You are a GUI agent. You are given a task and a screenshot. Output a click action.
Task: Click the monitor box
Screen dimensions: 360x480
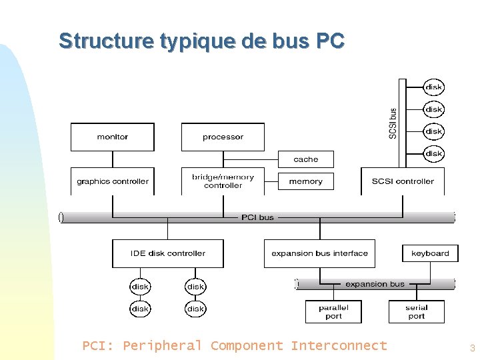[112, 137]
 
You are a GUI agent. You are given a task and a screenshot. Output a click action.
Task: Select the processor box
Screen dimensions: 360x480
[223, 137]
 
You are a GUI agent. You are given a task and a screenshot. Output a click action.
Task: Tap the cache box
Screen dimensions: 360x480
[305, 159]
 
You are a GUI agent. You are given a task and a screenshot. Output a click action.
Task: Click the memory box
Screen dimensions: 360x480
[305, 181]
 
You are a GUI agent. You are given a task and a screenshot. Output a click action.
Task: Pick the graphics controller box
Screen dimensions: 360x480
[112, 181]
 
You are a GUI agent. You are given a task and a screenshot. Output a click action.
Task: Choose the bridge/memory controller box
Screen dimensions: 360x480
[223, 181]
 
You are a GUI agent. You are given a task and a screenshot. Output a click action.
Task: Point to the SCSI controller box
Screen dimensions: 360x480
[403, 181]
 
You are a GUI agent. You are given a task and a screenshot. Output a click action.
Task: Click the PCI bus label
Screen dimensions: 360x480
[257, 217]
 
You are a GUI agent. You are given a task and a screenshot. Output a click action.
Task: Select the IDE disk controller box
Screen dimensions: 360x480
[167, 253]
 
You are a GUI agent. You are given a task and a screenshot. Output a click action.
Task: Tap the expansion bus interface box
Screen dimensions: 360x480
[319, 253]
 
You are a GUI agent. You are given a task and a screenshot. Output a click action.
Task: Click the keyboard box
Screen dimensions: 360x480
[430, 253]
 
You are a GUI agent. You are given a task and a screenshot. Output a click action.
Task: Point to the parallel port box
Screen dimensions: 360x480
[333, 312]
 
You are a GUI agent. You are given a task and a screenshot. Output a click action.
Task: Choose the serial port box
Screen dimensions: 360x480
[416, 312]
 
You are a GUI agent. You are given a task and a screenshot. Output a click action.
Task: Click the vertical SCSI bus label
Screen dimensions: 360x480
[393, 123]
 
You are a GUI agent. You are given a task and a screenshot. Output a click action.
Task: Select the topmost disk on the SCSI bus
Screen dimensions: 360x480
[434, 87]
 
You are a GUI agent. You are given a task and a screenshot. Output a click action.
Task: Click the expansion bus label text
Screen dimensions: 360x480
[375, 284]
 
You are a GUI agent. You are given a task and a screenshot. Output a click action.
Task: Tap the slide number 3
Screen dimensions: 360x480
[472, 348]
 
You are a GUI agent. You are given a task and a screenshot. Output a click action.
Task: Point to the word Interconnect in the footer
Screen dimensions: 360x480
[339, 345]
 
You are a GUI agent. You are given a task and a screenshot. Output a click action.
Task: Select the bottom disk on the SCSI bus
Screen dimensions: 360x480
[434, 153]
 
